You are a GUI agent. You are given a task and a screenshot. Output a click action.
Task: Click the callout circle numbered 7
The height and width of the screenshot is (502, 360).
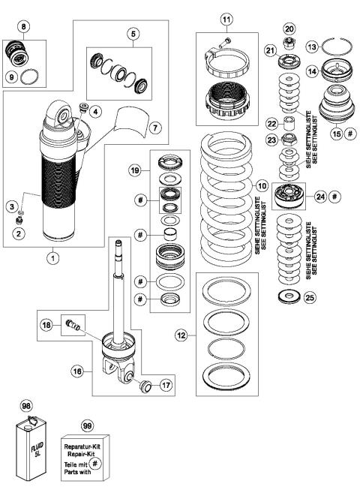tap(155, 129)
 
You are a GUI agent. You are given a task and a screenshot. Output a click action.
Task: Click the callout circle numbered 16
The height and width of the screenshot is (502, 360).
tap(78, 370)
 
